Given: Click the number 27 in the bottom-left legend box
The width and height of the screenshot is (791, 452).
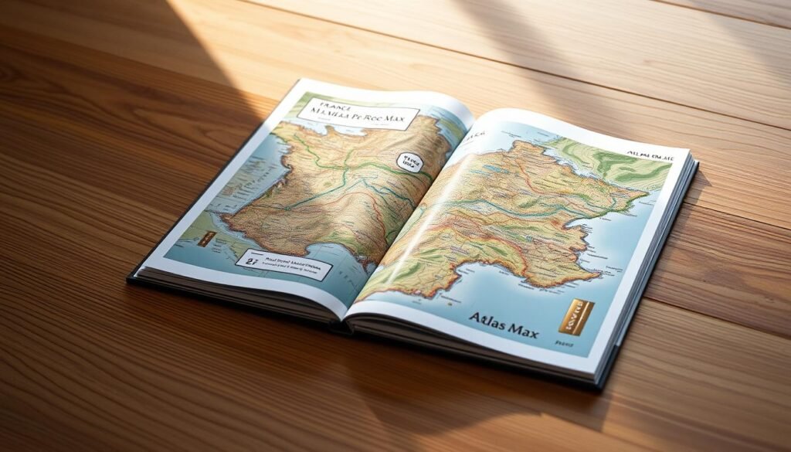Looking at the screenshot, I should click(x=251, y=260).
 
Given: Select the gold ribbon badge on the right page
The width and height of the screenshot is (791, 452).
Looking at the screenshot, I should click(x=576, y=316).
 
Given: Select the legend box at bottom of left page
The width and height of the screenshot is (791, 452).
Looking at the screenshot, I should click(x=283, y=266).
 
